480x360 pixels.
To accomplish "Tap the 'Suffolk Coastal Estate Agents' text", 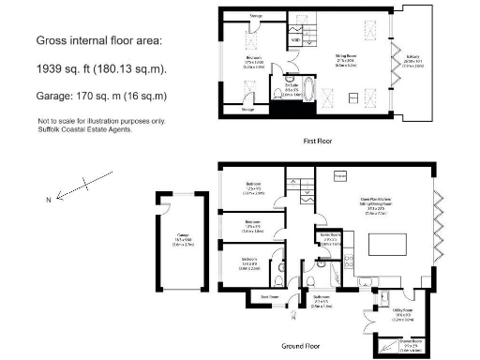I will point(84,129).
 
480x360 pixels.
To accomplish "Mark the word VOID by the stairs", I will point(295,39).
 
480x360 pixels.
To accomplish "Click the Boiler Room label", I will point(329,236).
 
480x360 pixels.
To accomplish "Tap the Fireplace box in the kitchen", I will point(340,175).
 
